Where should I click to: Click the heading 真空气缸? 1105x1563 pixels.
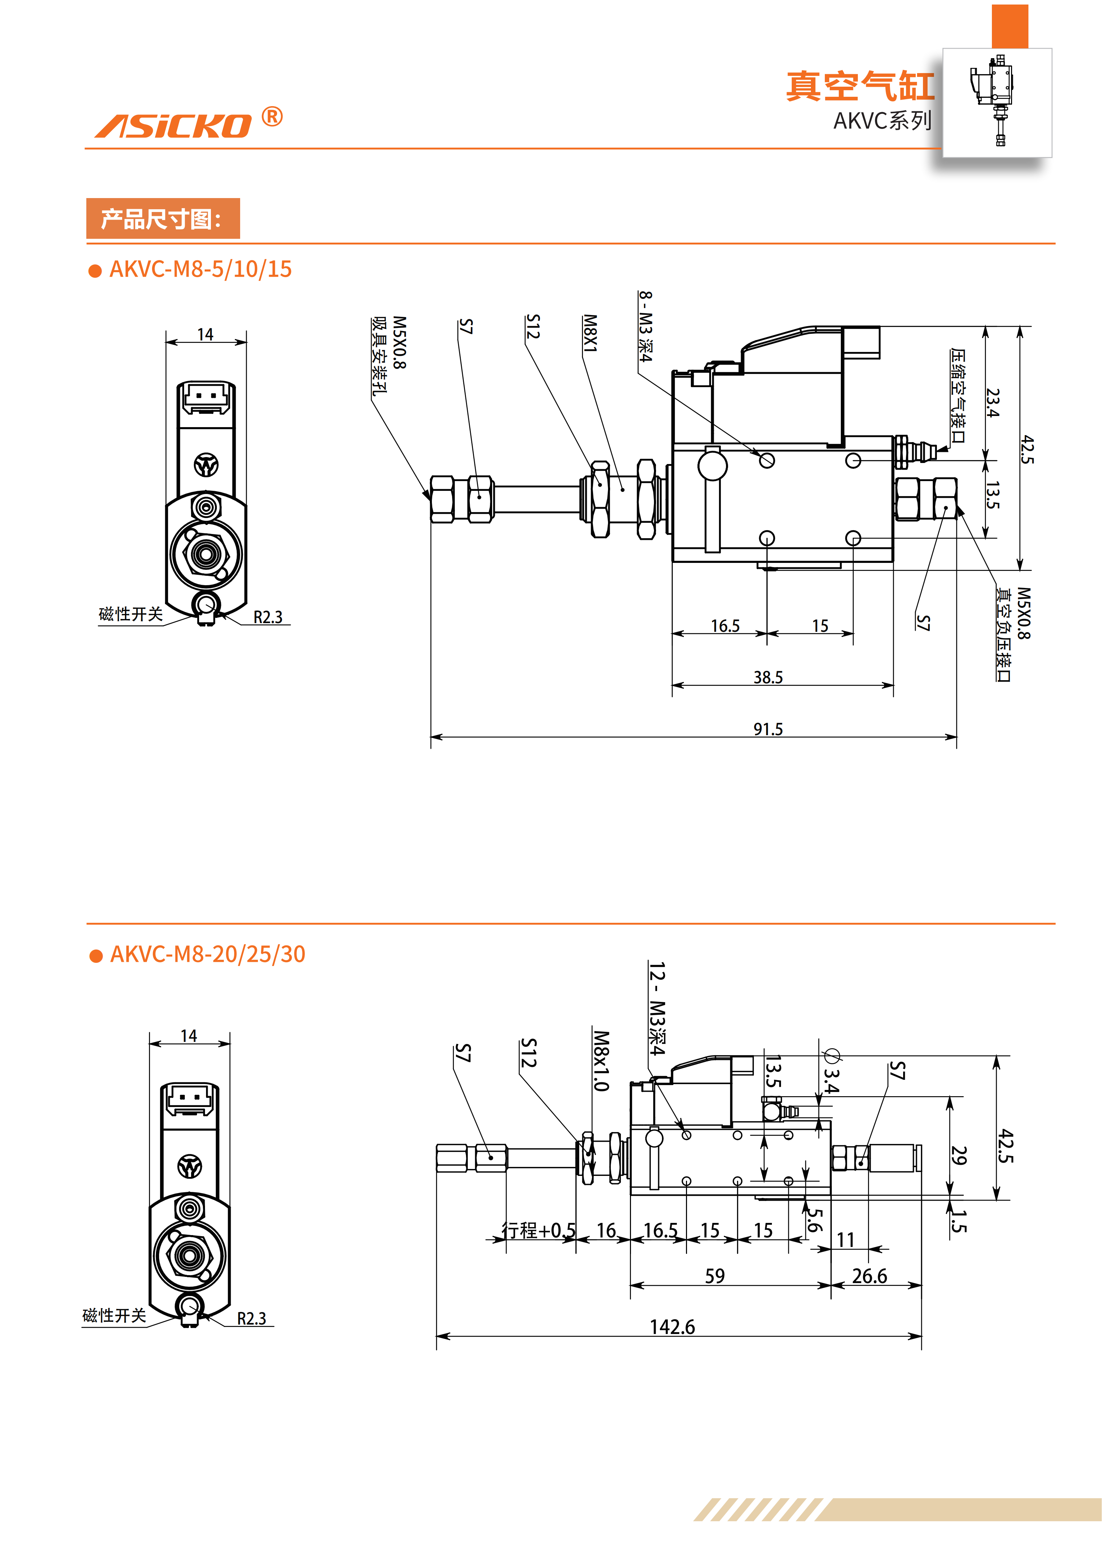pos(860,86)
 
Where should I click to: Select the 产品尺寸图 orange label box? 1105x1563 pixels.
pos(163,219)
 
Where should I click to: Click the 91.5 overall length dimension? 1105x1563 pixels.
pos(767,729)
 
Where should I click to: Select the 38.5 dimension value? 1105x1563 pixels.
pos(767,677)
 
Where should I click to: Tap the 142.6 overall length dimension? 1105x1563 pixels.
pos(672,1327)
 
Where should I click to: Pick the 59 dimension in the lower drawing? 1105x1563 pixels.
pos(715,1276)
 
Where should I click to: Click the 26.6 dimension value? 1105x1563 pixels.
pos(870,1276)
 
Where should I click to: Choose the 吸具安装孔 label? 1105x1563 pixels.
pos(379,356)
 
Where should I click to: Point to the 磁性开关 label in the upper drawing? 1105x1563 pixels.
pos(131,614)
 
